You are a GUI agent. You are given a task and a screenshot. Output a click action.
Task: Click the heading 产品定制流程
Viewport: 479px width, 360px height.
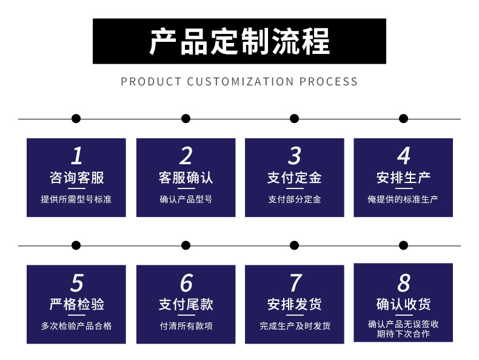[x=239, y=41]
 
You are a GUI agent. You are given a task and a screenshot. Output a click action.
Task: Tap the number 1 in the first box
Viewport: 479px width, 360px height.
[x=76, y=156]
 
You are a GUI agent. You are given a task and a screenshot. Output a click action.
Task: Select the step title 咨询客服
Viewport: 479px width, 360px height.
[x=76, y=178]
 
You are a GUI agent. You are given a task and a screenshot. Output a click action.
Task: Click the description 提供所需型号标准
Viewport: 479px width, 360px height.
[x=76, y=199]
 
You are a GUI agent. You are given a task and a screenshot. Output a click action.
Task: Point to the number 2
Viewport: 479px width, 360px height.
[x=186, y=156]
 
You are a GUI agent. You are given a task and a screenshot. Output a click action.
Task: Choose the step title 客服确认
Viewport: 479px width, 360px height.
[x=186, y=178]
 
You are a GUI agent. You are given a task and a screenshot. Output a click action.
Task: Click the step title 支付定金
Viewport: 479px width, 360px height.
[x=294, y=178]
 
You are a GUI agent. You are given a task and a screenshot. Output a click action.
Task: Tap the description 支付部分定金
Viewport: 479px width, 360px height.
[x=294, y=199]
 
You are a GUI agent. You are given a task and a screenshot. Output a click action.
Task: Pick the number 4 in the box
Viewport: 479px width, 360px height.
[x=403, y=156]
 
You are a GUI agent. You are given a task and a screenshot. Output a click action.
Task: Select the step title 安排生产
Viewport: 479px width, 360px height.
[x=403, y=178]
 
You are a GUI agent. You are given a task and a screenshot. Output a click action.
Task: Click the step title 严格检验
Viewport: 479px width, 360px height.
[x=76, y=304]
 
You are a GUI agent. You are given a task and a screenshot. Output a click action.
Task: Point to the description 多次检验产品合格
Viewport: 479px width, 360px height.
[x=76, y=325]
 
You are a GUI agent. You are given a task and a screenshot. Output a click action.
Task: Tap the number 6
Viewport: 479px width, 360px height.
[x=186, y=283]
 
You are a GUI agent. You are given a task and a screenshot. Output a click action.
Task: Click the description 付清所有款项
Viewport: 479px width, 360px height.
[x=186, y=325]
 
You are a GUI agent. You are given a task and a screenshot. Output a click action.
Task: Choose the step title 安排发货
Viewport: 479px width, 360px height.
[x=294, y=304]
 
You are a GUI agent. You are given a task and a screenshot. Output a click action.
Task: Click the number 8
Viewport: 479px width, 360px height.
[x=403, y=283]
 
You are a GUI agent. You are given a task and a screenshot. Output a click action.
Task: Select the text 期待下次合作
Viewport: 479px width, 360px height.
[x=403, y=334]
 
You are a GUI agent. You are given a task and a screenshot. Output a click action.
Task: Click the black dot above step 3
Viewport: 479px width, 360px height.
[x=294, y=119]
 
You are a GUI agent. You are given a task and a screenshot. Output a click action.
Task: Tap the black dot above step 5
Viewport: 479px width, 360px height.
[x=76, y=245]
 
